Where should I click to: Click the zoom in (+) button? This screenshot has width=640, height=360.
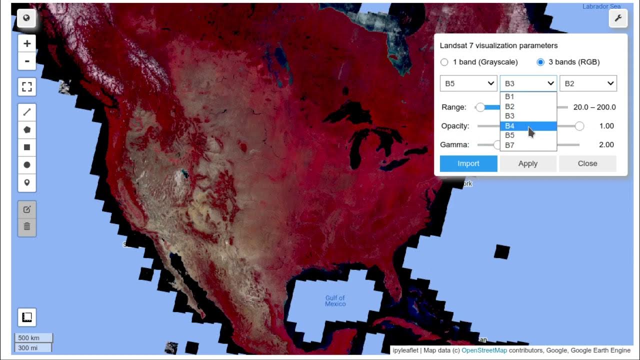(x=27, y=43)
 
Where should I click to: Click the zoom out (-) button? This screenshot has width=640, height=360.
(x=27, y=61)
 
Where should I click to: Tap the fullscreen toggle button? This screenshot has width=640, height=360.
(x=27, y=86)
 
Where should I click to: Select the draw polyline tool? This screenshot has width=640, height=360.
(x=27, y=112)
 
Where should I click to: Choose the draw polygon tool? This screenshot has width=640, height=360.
(x=27, y=130)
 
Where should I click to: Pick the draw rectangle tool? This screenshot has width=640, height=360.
(x=27, y=147)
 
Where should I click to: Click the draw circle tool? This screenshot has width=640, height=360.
(x=27, y=165)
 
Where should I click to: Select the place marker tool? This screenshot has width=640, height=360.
(x=27, y=182)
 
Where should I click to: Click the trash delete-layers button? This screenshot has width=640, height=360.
(x=27, y=226)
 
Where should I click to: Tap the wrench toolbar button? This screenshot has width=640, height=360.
(x=617, y=18)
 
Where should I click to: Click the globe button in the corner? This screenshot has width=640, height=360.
(x=26, y=18)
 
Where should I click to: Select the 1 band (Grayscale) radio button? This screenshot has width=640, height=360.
(x=444, y=62)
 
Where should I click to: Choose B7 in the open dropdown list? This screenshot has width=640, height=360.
(x=509, y=145)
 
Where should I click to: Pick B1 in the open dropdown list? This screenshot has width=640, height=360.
(x=509, y=97)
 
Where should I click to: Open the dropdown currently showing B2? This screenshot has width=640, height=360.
(x=588, y=83)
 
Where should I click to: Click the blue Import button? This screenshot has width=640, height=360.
(x=468, y=163)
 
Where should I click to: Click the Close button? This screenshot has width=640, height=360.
(x=587, y=163)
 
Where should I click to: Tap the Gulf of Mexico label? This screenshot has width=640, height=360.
(x=335, y=301)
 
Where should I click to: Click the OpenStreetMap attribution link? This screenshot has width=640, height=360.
(x=484, y=350)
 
